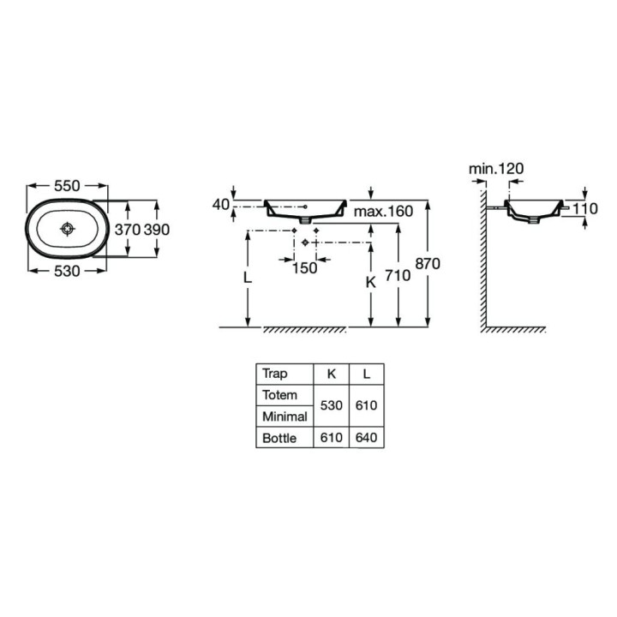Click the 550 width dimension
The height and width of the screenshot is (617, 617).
coord(68,185)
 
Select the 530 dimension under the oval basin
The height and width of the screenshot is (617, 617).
coord(68,271)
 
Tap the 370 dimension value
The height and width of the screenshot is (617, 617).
coord(127,230)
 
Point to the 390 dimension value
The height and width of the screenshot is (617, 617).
coord(158,230)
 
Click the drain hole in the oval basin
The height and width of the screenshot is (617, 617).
coord(68,229)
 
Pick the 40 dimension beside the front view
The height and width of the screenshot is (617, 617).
coord(221,205)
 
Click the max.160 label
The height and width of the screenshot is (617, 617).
coord(383,211)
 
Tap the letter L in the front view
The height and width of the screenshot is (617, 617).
coord(247,279)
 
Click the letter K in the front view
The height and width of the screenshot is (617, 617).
coord(370,281)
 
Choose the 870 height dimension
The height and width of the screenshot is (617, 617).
coord(427,264)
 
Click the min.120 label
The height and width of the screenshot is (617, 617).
coord(495,168)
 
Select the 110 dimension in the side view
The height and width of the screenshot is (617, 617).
coord(585,209)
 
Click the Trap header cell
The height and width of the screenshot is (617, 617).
coord(275,374)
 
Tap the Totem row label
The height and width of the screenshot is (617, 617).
coord(281,395)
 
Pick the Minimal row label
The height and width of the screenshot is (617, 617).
coord(285,416)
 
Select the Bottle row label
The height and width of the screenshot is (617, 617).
coord(280,438)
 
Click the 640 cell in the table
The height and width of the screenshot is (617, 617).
coord(367,438)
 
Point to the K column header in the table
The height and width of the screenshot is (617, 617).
coord(331,374)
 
